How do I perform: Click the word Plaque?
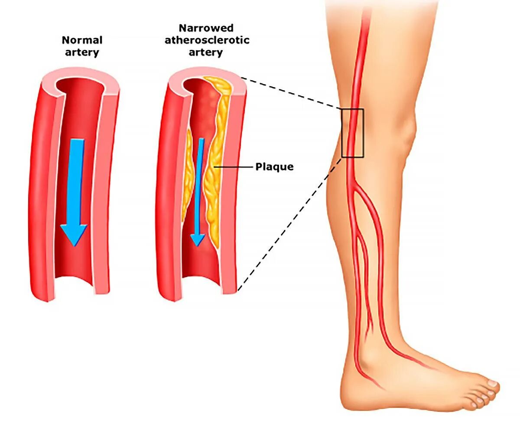tap(274, 167)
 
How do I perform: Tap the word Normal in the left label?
tap(82, 40)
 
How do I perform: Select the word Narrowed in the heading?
tap(206, 28)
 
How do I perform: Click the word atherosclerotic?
tap(206, 40)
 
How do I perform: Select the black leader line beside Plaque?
tap(234, 167)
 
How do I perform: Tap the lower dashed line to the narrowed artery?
tap(286, 225)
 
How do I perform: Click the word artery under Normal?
tap(82, 52)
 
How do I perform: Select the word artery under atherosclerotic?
tap(206, 52)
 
